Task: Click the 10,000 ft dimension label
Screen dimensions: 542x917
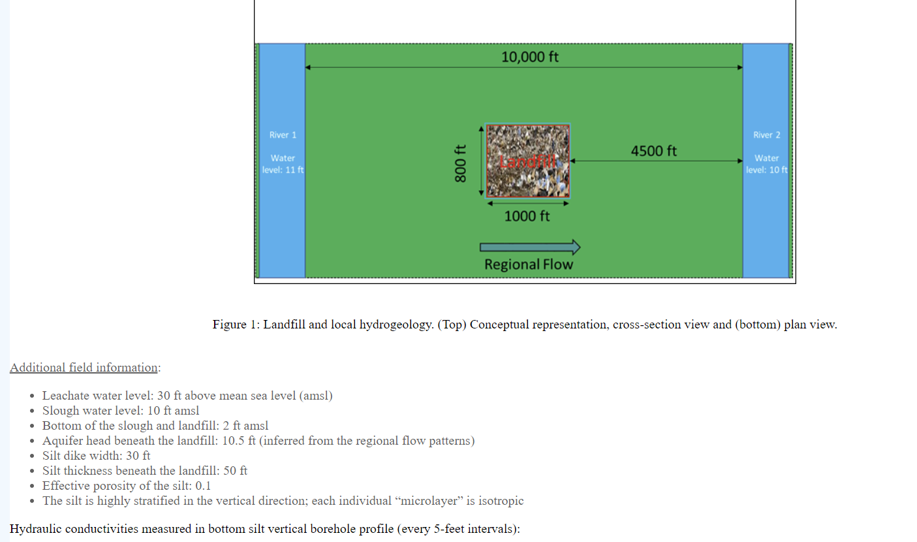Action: [x=529, y=57]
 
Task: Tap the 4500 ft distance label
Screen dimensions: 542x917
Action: [x=653, y=151]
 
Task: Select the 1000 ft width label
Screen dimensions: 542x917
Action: [x=527, y=216]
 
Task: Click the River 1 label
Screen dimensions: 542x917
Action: [x=283, y=135]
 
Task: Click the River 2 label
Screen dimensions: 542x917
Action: [x=766, y=135]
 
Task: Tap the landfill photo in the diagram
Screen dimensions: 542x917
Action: [x=527, y=161]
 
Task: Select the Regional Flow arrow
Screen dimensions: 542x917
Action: [x=529, y=247]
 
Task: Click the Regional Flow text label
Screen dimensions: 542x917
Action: [x=528, y=264]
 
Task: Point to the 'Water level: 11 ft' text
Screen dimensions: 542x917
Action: [x=283, y=164]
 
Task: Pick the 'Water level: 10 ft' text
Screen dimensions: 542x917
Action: [x=766, y=164]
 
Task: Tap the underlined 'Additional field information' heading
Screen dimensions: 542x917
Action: [x=84, y=368]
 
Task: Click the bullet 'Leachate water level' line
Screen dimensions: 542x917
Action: [x=187, y=396]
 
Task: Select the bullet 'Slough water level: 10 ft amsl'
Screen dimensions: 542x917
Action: [x=121, y=411]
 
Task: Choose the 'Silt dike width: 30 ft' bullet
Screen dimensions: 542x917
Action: [x=96, y=456]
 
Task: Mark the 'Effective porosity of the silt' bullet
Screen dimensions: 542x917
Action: [x=127, y=486]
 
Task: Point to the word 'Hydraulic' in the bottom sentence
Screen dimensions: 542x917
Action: [x=34, y=529]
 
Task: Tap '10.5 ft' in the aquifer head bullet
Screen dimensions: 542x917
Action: [x=239, y=441]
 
